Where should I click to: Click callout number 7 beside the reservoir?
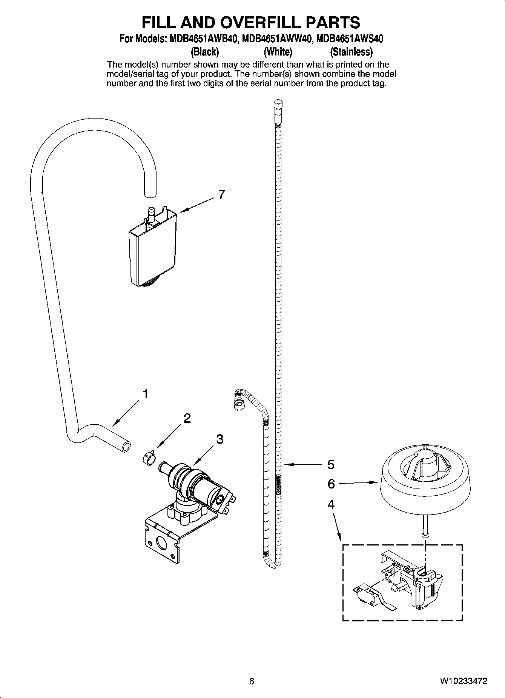[221, 194]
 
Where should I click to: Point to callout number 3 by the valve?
[219, 439]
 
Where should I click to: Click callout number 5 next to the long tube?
[331, 465]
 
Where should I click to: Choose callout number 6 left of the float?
[331, 484]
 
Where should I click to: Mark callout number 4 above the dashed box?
[331, 504]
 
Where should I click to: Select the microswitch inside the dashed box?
[368, 595]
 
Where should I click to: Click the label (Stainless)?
[351, 51]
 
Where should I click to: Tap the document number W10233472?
[464, 681]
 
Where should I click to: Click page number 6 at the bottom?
[252, 681]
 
